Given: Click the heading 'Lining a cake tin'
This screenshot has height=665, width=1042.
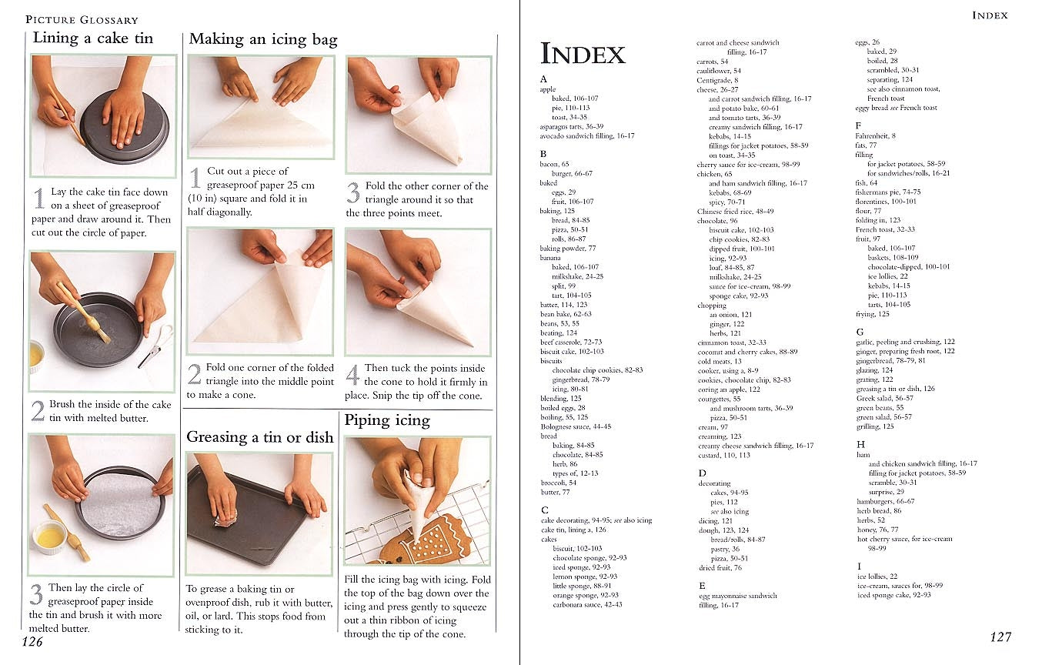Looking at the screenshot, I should (93, 38).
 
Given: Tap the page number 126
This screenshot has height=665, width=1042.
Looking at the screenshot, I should (32, 642).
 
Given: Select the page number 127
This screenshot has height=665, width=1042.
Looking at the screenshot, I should (1000, 637).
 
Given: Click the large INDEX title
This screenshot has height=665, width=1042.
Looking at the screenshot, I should (583, 54).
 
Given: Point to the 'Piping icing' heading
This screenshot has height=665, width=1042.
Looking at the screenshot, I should (386, 421).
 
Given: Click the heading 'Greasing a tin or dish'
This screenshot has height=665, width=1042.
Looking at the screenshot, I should (260, 438).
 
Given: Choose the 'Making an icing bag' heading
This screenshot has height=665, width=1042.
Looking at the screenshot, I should (263, 39).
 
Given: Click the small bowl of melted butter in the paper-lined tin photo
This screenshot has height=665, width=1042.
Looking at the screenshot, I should (50, 537).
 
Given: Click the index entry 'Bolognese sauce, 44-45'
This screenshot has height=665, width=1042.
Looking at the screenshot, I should (576, 426).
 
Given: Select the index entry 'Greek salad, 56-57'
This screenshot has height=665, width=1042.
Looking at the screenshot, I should (884, 399).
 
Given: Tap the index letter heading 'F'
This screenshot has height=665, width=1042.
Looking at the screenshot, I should (859, 125).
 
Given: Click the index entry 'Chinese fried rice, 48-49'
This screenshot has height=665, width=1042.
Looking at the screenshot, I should (735, 212).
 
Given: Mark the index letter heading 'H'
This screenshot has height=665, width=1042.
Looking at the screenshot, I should (860, 444).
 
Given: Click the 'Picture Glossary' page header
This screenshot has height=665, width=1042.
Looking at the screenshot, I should (82, 19).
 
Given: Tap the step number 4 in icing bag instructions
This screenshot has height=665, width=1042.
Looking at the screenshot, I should (352, 375).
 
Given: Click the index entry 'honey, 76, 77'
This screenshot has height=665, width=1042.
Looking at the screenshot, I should (877, 530).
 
